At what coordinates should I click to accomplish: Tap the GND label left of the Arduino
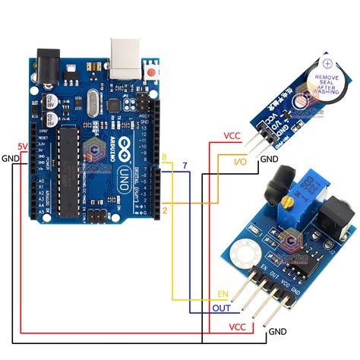(x=10, y=158)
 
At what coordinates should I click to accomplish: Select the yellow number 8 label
(x=164, y=156)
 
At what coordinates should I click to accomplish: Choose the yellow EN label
(x=223, y=293)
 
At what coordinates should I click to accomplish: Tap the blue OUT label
(x=221, y=308)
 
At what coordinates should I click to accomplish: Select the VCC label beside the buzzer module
(x=232, y=136)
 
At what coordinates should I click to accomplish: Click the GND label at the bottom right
(x=277, y=332)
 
